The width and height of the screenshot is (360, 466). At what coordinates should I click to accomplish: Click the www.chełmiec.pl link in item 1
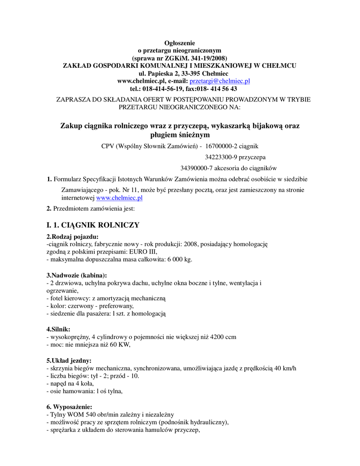(x=119, y=198)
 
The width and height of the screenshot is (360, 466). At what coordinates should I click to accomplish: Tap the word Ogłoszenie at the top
(x=179, y=42)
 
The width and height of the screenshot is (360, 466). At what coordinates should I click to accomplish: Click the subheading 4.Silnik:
(x=59, y=329)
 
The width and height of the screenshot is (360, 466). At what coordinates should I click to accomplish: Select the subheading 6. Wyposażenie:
(x=69, y=406)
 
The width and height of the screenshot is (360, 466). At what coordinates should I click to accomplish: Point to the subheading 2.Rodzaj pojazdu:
(x=72, y=236)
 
